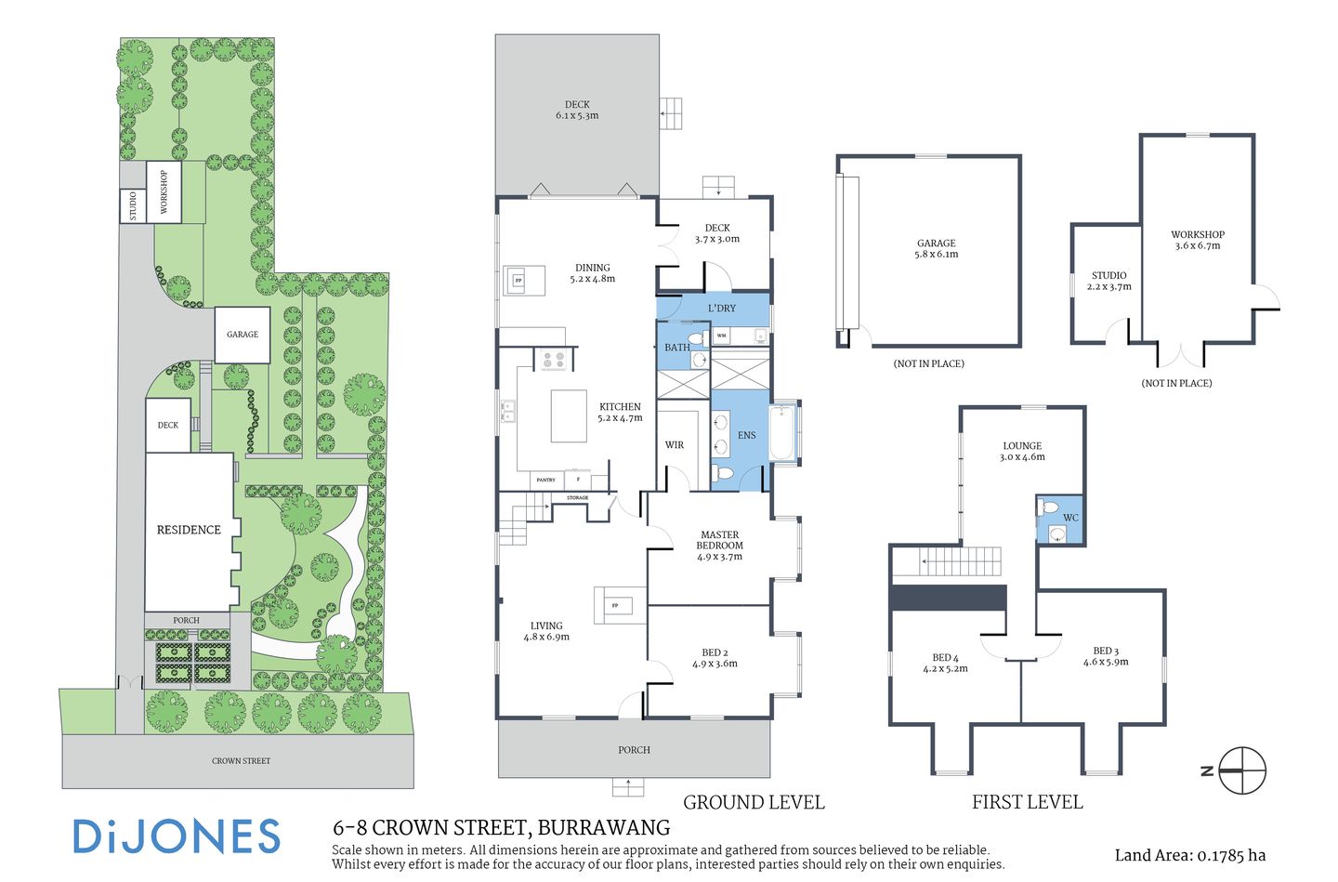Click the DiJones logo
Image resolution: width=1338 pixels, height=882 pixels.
click(177, 836)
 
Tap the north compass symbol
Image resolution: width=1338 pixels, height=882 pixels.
click(1241, 770)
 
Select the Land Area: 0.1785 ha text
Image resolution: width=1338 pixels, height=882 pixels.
click(1189, 855)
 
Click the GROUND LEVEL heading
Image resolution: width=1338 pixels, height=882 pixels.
click(754, 802)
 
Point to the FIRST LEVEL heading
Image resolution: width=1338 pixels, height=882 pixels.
click(1027, 802)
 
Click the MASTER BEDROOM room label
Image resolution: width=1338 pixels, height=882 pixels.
click(719, 546)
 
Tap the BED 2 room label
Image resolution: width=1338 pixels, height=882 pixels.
click(715, 658)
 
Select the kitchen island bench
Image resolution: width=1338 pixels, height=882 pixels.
click(569, 415)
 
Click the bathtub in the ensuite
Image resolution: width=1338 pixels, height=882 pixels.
click(783, 431)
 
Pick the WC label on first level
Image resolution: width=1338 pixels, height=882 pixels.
click(1070, 518)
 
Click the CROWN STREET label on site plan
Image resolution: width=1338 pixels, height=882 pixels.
click(241, 760)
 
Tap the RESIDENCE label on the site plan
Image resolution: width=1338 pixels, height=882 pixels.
click(189, 530)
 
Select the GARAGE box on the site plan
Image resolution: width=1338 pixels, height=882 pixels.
click(243, 335)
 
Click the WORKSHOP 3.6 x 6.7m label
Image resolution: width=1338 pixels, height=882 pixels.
click(1197, 240)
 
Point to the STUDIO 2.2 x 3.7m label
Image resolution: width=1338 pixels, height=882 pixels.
click(1108, 281)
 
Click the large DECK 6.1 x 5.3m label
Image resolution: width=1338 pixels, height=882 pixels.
click(577, 111)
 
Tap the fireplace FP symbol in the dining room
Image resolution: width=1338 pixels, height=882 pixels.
click(518, 280)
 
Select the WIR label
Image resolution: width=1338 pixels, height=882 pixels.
click(675, 445)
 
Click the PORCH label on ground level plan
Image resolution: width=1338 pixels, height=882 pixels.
click(634, 749)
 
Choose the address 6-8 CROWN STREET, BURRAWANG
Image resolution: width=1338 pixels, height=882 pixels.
click(501, 827)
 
